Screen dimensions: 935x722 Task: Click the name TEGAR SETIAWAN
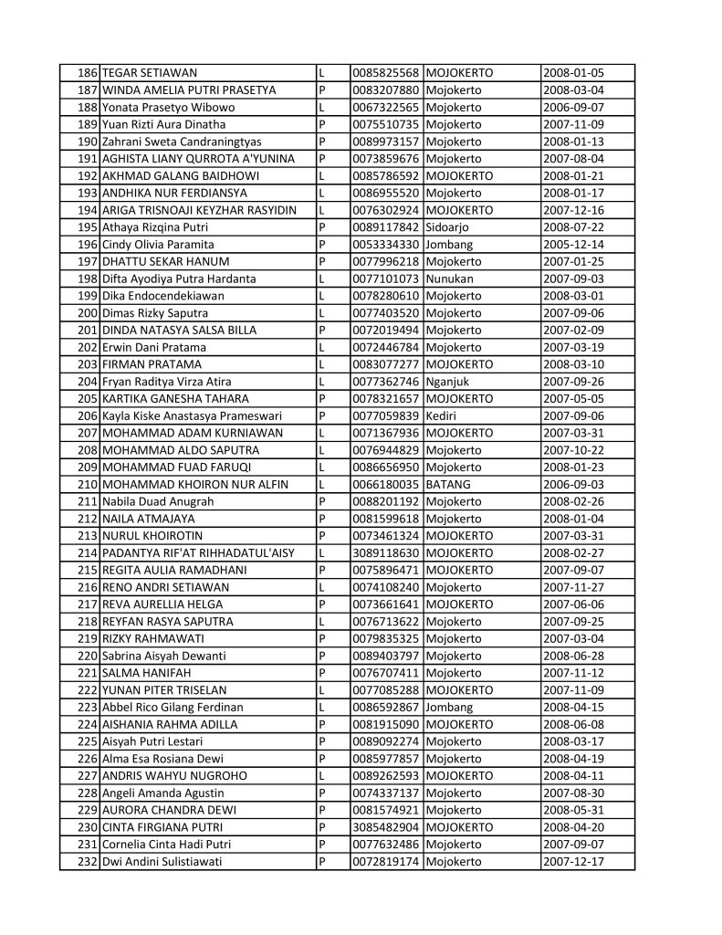coord(150,73)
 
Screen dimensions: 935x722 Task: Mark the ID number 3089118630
coord(385,553)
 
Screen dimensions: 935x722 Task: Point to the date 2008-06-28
coord(573,656)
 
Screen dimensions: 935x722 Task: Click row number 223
coord(89,708)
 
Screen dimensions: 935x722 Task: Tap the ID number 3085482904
coord(385,827)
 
